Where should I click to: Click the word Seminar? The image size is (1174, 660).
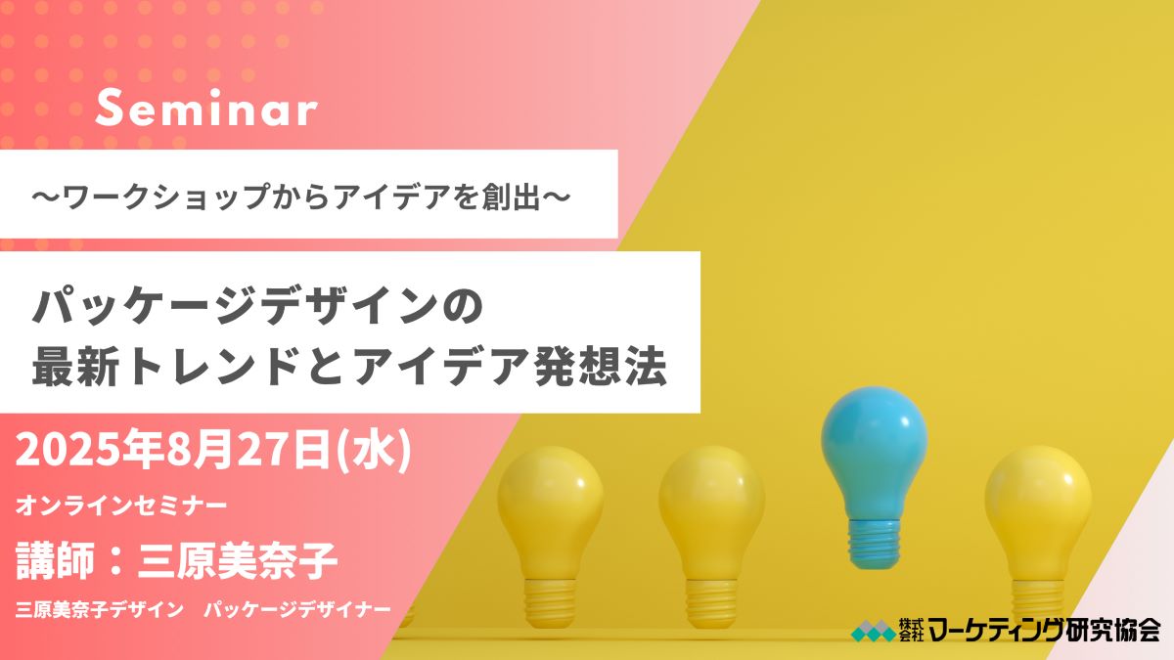pyautogui.click(x=206, y=108)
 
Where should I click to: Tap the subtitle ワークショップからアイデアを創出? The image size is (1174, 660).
pyautogui.click(x=301, y=197)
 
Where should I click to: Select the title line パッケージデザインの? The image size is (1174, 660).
pyautogui.click(x=256, y=306)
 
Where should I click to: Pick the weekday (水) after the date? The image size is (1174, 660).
pyautogui.click(x=373, y=452)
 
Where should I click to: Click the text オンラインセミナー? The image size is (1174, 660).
pyautogui.click(x=121, y=506)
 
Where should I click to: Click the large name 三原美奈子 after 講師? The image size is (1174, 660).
pyautogui.click(x=237, y=561)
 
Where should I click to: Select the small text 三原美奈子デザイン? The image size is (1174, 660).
pyautogui.click(x=100, y=610)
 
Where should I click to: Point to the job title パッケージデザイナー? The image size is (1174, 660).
pyautogui.click(x=297, y=610)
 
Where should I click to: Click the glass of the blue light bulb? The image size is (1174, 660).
pyautogui.click(x=874, y=451)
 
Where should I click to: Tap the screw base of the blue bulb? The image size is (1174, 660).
pyautogui.click(x=874, y=544)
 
